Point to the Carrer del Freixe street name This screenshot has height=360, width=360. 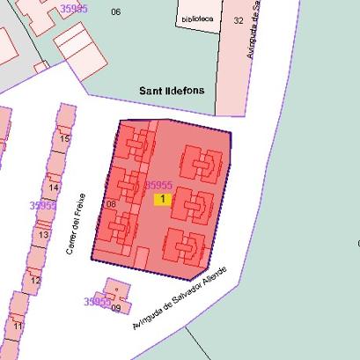74,224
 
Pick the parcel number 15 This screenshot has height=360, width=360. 64,138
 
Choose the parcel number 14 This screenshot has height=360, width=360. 54,187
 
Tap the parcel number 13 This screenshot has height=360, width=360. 43,235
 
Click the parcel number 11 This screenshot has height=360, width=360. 17,326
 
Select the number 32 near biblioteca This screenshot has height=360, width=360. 239,19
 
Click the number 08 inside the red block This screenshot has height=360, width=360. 110,204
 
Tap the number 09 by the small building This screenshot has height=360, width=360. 115,308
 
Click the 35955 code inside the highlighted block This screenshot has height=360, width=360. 158,185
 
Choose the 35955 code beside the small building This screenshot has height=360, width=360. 97,301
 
